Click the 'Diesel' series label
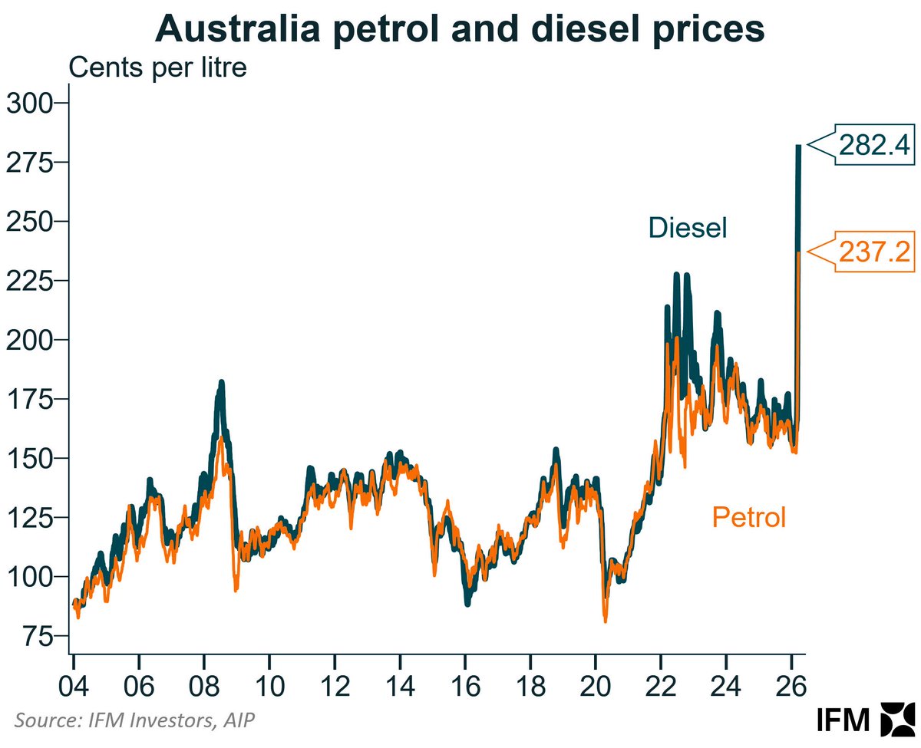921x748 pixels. coord(687,228)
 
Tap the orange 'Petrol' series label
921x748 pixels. coord(749,517)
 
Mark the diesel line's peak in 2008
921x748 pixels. coord(221,382)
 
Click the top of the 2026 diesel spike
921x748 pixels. coord(798,146)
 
